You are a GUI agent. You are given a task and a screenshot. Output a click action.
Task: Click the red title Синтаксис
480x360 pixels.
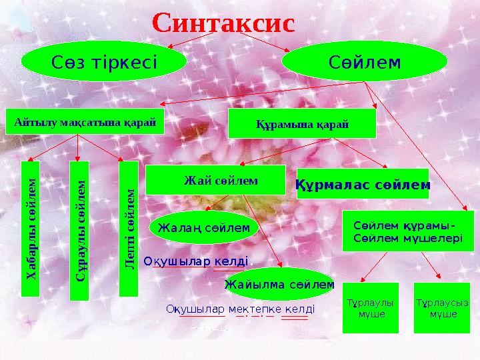[x=223, y=22]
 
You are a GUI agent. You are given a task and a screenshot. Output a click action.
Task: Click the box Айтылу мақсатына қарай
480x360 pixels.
[x=85, y=121]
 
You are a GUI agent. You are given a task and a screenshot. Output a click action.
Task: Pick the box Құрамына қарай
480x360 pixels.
[x=302, y=124]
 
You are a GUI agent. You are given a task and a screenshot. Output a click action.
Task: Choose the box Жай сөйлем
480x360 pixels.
[x=215, y=180]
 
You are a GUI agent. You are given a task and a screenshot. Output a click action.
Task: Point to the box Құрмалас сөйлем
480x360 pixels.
[x=363, y=184]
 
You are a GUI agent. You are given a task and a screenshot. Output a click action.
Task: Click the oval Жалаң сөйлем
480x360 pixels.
[x=203, y=227]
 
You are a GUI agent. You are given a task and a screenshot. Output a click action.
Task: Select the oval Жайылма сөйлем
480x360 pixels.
[x=279, y=285]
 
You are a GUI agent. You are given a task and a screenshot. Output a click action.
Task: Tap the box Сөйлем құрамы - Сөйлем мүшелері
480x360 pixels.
[x=407, y=231]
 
